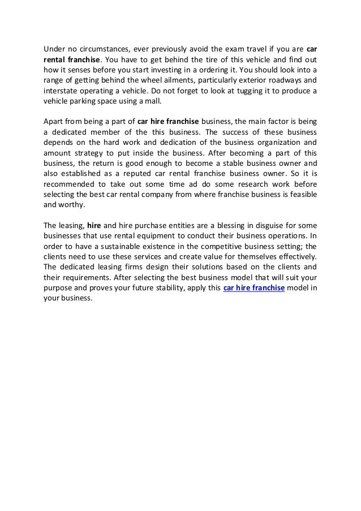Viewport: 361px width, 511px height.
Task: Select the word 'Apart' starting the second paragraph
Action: (x=54, y=121)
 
